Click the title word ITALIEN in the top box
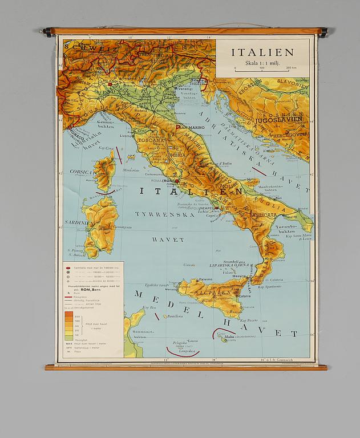tap(262, 52)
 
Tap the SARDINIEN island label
tap(78, 222)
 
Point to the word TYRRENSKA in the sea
tap(160, 214)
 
